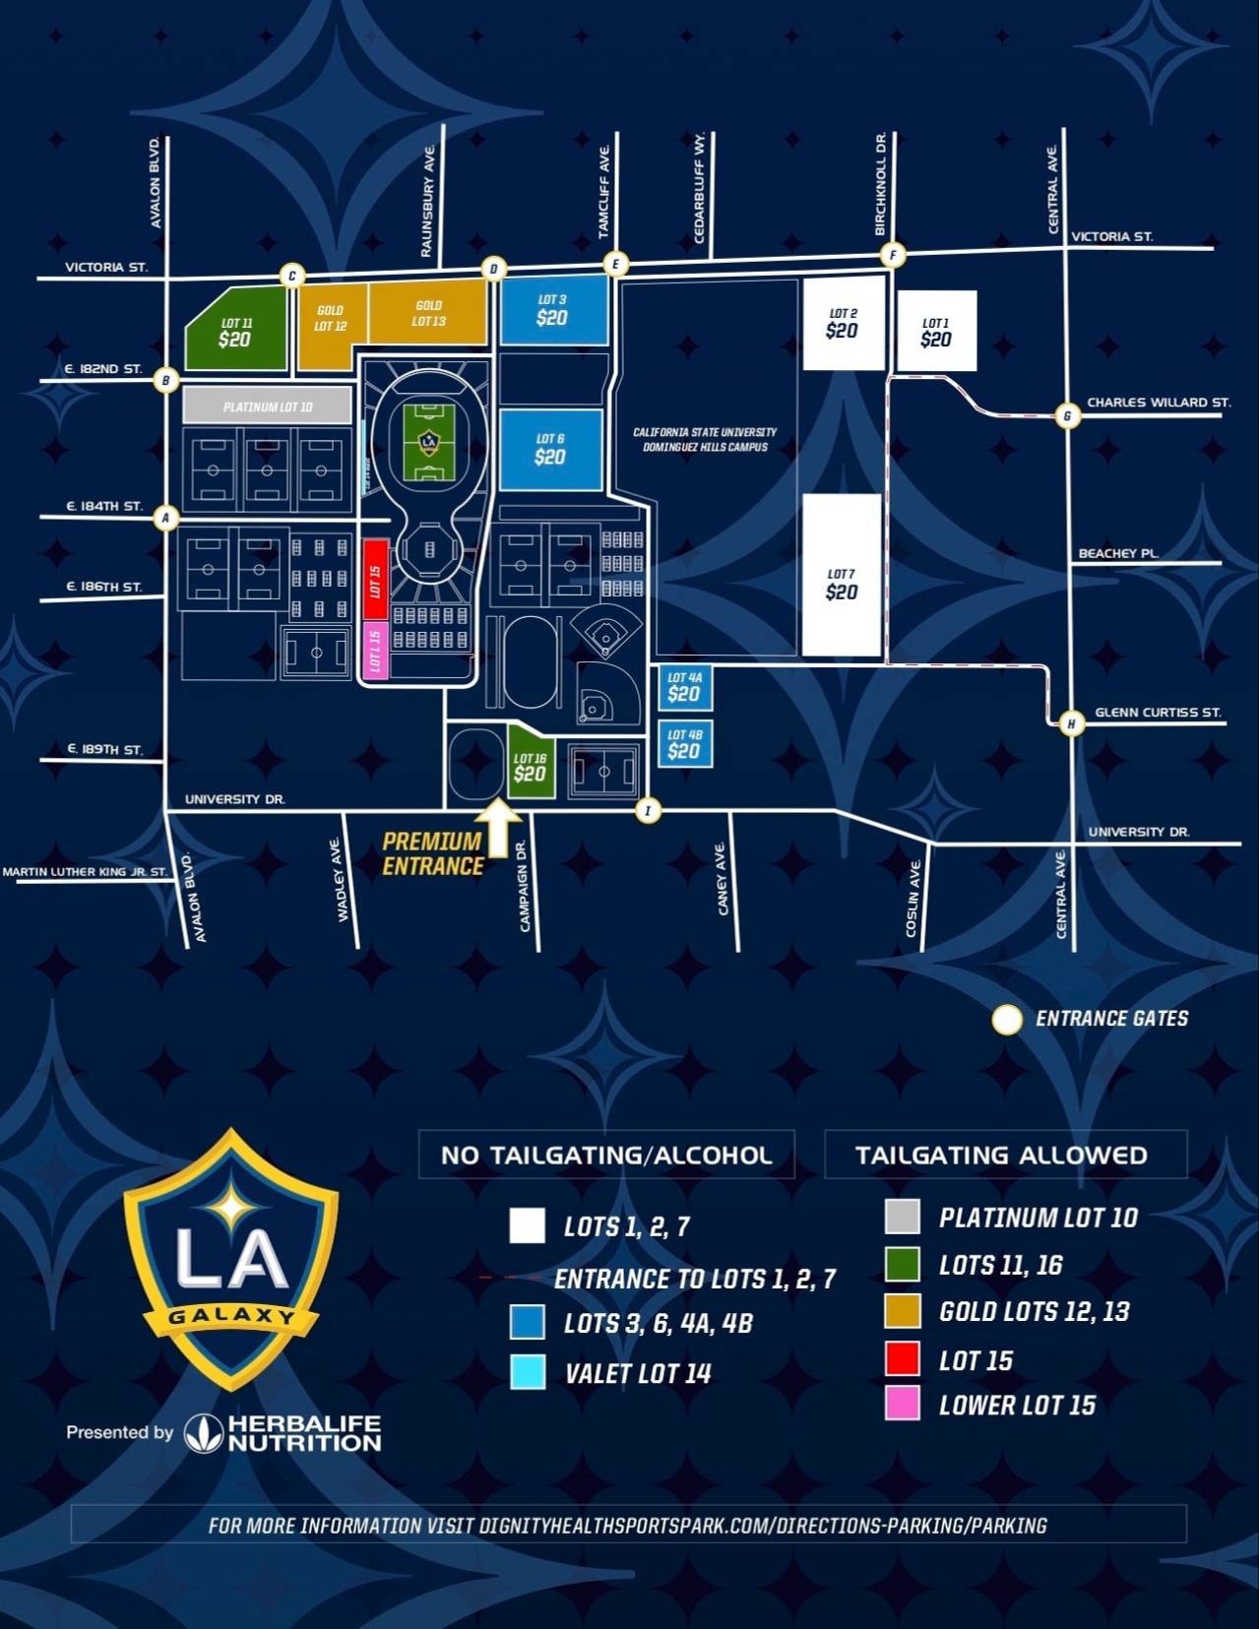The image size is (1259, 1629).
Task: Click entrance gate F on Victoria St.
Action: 893,255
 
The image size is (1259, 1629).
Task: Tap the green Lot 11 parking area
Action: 236,333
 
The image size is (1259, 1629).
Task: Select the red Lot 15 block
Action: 375,579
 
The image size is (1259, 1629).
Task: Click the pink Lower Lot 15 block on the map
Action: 375,650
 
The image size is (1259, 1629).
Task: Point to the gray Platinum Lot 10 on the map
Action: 267,406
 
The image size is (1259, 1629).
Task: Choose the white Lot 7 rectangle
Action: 842,576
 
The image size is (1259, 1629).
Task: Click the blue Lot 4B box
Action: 684,744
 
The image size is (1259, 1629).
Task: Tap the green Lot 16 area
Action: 530,766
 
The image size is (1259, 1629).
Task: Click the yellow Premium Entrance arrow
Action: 499,825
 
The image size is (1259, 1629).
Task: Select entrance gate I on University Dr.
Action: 648,811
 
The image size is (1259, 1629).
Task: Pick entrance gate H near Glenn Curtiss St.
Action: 1071,723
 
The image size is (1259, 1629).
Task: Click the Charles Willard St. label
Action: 1159,403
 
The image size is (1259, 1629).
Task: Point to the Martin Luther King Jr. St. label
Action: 85,871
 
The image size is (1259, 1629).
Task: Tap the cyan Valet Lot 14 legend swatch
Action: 529,1372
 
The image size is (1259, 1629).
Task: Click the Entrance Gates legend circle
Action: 1006,1020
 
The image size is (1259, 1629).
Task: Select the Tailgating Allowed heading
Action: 1001,1155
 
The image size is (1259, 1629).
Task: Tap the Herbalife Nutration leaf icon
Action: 203,1433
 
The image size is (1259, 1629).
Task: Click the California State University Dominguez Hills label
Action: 705,439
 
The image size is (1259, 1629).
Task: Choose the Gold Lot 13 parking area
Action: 428,313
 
